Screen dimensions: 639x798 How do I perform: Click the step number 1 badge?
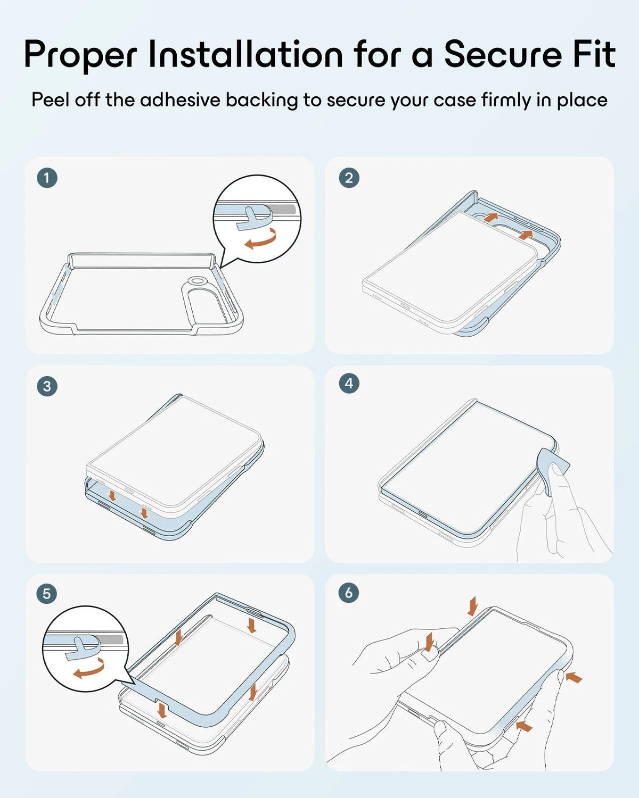point(47,178)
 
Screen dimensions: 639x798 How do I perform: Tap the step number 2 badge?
point(349,178)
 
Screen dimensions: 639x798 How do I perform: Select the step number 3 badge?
point(47,386)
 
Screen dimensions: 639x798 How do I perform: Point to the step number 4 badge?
point(349,383)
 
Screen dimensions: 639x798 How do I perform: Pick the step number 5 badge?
point(47,594)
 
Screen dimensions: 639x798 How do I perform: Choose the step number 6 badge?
point(349,593)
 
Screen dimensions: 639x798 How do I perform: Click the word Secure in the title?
point(503,54)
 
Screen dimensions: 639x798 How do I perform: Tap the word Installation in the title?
point(245,54)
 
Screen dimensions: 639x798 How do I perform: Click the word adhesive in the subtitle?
point(179,100)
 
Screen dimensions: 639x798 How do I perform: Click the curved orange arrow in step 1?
point(261,240)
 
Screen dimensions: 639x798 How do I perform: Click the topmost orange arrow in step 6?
point(473,606)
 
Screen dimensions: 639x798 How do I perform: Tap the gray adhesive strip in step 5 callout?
point(110,639)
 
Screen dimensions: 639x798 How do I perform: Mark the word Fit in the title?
point(594,54)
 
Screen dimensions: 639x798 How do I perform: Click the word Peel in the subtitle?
point(51,100)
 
